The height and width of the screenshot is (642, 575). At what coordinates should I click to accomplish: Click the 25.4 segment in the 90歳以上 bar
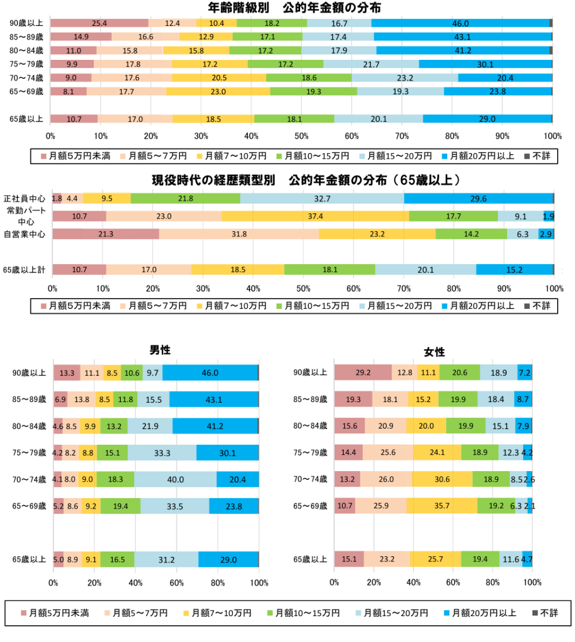[99, 23]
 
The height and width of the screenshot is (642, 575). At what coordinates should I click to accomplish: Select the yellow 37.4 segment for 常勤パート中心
[315, 216]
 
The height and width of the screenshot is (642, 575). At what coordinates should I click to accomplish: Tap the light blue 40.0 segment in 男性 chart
[175, 479]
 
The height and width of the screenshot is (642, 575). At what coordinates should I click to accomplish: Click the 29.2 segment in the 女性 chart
[363, 372]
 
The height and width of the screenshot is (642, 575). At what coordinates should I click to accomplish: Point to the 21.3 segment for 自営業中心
[106, 234]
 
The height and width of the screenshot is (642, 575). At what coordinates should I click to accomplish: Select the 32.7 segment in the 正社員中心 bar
[322, 198]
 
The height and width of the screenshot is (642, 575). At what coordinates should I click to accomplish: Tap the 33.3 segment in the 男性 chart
[162, 452]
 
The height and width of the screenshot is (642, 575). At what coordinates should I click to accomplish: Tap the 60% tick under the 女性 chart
[453, 582]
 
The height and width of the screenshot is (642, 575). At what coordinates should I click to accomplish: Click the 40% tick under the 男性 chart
[136, 582]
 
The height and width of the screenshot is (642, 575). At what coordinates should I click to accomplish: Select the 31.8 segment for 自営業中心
[239, 234]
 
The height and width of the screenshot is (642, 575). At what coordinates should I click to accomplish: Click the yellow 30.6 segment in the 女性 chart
[442, 479]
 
